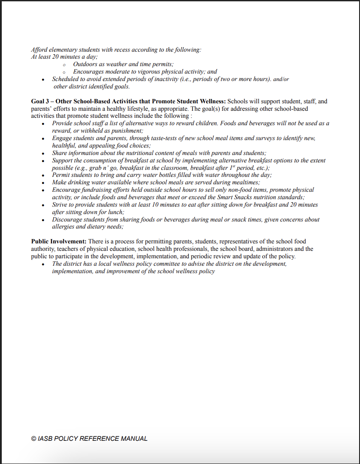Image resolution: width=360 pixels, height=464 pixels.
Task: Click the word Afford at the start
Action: tap(39, 50)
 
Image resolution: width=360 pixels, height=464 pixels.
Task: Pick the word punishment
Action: tap(127, 131)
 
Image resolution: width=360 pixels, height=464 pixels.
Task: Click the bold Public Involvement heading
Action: tap(59, 241)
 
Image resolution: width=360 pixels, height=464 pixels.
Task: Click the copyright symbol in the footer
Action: tap(34, 439)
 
